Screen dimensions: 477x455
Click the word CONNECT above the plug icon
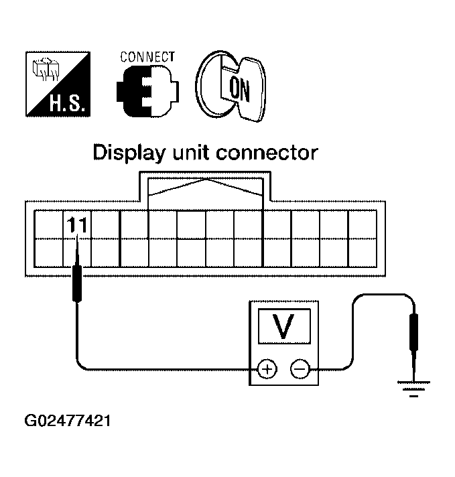(x=147, y=57)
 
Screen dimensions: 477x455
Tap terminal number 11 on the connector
(x=76, y=225)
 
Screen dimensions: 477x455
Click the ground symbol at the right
(x=414, y=387)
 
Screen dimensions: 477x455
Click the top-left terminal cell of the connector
(x=48, y=224)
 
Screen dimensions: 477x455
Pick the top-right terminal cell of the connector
(x=363, y=224)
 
